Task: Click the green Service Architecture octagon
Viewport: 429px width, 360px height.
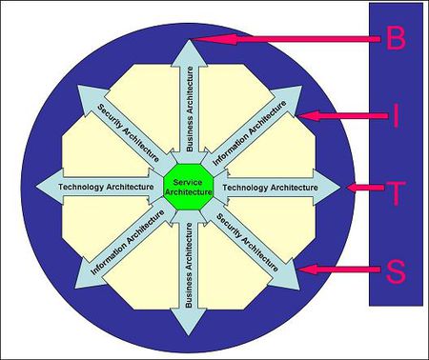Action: click(x=187, y=187)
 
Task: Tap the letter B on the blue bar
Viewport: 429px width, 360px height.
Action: click(x=395, y=39)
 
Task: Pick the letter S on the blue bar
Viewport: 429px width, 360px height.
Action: click(x=395, y=271)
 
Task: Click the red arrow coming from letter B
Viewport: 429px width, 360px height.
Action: click(x=286, y=39)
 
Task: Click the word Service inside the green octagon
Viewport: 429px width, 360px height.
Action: click(x=187, y=181)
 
